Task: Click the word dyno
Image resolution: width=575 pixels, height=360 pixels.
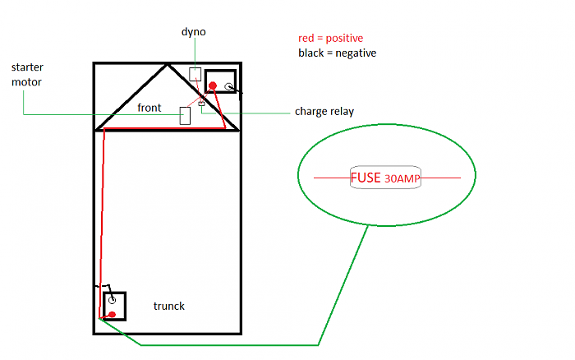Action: click(x=194, y=32)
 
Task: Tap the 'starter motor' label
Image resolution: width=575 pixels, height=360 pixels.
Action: click(x=27, y=75)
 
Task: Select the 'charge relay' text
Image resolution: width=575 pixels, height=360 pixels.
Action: click(x=324, y=112)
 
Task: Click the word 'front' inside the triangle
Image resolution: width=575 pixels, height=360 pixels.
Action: click(x=149, y=108)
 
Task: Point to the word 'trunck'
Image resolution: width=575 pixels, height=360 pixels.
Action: click(x=169, y=306)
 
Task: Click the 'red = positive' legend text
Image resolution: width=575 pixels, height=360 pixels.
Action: click(x=331, y=38)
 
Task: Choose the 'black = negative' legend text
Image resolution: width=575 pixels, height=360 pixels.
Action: click(x=338, y=53)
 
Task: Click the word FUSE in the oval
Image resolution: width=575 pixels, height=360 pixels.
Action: click(x=366, y=178)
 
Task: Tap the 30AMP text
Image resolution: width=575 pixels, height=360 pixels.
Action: click(x=402, y=178)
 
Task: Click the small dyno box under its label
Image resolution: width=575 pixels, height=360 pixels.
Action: click(x=195, y=74)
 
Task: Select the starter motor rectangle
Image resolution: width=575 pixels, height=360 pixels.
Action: click(x=185, y=116)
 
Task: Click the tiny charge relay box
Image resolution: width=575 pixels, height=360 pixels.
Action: click(x=201, y=104)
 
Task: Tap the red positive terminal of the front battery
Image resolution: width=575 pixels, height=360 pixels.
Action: click(x=213, y=85)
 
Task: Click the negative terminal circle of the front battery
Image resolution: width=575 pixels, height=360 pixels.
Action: click(x=228, y=86)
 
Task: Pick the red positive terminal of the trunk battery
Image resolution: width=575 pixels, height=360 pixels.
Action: click(x=113, y=315)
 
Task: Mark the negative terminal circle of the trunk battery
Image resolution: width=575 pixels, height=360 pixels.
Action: click(x=112, y=300)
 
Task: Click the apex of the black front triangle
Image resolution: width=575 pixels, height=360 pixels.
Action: click(x=168, y=65)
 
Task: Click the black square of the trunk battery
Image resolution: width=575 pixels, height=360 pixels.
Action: click(x=103, y=307)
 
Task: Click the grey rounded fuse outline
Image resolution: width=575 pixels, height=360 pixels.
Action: click(x=385, y=166)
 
